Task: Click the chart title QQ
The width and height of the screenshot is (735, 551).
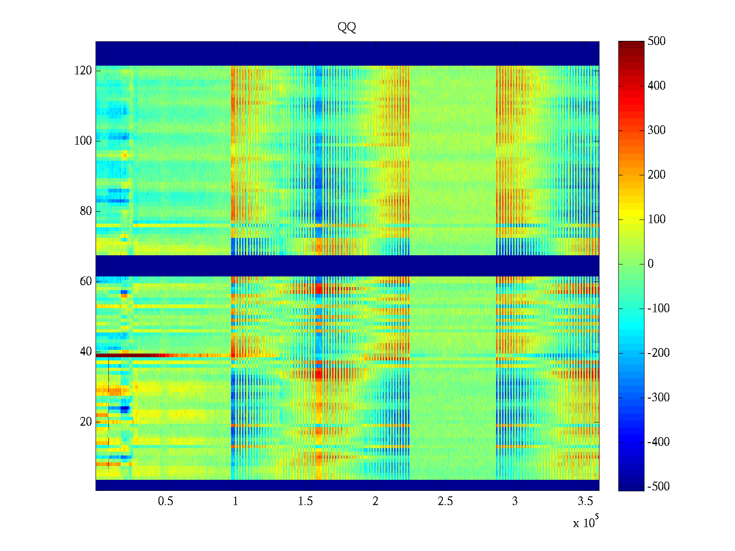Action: click(x=347, y=28)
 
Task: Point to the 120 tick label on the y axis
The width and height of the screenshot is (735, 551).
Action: click(x=83, y=71)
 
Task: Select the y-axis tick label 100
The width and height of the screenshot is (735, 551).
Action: click(x=83, y=141)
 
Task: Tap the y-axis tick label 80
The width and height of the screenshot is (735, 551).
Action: click(x=86, y=211)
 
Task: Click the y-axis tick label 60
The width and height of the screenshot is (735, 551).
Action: click(x=86, y=281)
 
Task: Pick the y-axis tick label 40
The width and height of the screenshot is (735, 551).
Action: click(x=86, y=352)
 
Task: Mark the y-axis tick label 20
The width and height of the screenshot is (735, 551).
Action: click(x=86, y=422)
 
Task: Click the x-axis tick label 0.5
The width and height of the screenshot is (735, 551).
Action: click(x=165, y=501)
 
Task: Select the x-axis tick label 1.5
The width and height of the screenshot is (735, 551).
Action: click(x=305, y=501)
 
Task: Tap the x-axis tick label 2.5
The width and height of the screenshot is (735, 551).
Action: click(x=445, y=501)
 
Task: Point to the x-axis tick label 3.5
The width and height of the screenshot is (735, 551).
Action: click(x=585, y=501)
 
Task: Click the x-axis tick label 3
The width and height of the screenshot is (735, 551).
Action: click(x=515, y=501)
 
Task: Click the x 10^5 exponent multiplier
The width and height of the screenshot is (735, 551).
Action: click(x=586, y=523)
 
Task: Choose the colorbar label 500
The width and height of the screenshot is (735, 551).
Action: click(x=656, y=41)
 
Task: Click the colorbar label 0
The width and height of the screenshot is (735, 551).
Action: click(x=650, y=264)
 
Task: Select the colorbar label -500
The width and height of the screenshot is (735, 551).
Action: click(x=658, y=487)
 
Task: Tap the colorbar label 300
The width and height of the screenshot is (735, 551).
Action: click(x=656, y=130)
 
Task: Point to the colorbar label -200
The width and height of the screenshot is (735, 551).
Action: click(x=658, y=353)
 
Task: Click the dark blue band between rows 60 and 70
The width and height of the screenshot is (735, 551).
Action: click(x=347, y=265)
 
